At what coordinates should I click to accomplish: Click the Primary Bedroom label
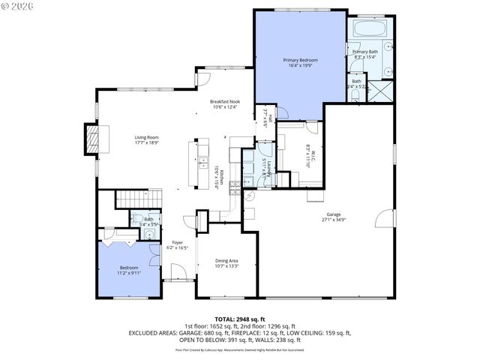point(300,62)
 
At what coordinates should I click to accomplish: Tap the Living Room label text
point(147,140)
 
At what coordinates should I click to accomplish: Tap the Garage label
point(334,217)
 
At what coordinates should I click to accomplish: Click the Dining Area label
point(226,262)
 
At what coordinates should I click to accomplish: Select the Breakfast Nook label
point(225,104)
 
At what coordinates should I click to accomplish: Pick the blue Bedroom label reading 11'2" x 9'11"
point(129,270)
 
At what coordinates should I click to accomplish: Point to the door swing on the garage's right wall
point(384,220)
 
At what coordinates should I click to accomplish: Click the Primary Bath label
point(366,54)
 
